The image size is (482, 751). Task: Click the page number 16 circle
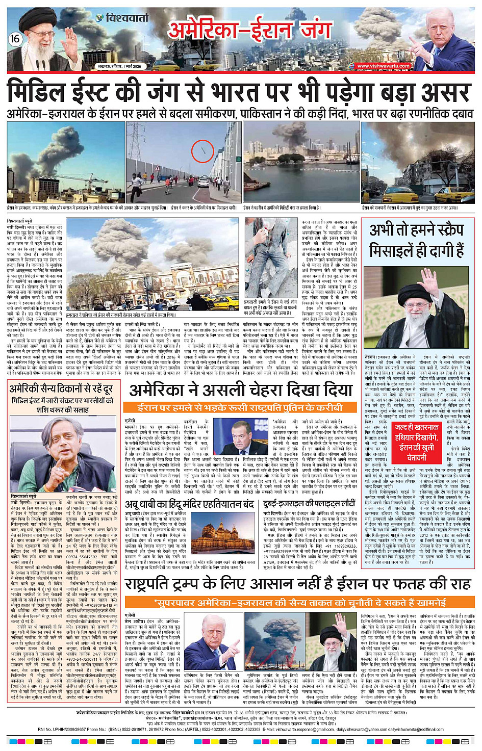pos(15,39)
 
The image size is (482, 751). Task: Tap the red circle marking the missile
pos(202,151)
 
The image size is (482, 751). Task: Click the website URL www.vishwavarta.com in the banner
pos(383,66)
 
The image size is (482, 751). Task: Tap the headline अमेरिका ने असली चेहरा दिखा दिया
pos(241,391)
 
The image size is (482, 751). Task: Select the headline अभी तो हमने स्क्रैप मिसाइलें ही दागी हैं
pos(417,241)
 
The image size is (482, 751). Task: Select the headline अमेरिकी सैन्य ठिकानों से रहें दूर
pos(61,390)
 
